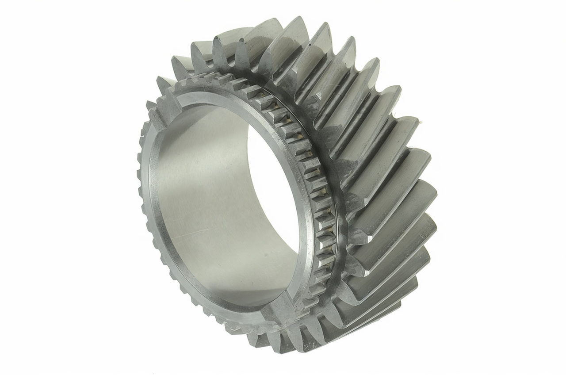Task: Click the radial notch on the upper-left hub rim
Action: point(167,104)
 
